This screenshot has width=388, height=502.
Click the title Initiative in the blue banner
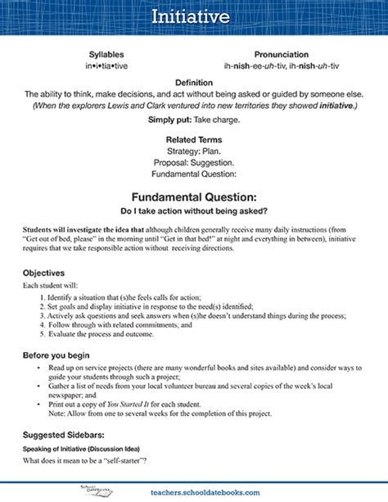194,17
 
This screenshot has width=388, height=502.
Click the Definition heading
194,82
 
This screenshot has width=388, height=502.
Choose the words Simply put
171,120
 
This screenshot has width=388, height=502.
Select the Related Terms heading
194,139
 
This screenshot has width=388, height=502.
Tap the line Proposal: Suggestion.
194,162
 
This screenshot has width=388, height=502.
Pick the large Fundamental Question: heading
194,197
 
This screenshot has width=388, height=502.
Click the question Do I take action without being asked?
194,212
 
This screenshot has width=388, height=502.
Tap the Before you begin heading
57,355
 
